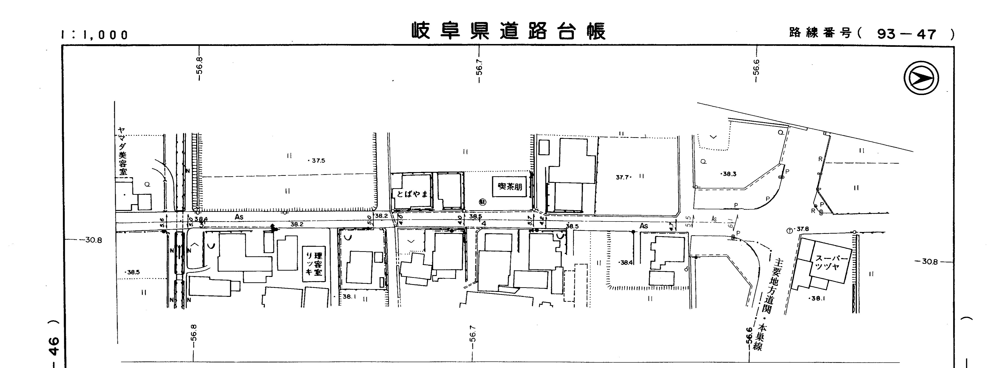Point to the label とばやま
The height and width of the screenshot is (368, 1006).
click(x=412, y=194)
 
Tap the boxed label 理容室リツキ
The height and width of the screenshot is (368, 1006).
click(x=314, y=264)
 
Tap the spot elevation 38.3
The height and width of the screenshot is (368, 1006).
click(x=729, y=174)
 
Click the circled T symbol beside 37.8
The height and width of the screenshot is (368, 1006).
click(x=789, y=231)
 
